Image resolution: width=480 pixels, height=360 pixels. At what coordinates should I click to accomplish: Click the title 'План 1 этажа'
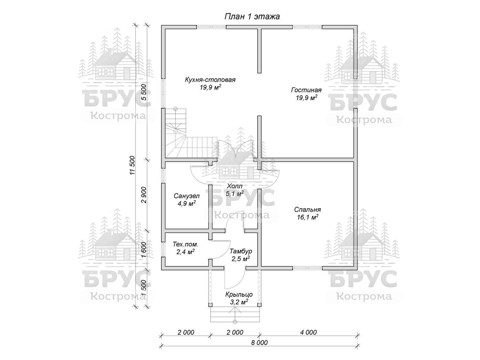pyautogui.click(x=252, y=17)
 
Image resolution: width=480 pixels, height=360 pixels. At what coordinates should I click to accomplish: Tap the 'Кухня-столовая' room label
pyautogui.click(x=210, y=80)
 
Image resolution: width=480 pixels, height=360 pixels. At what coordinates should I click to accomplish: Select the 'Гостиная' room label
pyautogui.click(x=306, y=90)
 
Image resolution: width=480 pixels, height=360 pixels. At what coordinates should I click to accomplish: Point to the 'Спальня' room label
pyautogui.click(x=307, y=210)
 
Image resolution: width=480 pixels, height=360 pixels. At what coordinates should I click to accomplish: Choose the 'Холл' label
pyautogui.click(x=235, y=186)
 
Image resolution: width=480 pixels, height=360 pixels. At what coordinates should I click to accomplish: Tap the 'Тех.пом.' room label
pyautogui.click(x=185, y=244)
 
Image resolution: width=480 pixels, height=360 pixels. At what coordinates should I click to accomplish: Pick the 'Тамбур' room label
pyautogui.click(x=241, y=251)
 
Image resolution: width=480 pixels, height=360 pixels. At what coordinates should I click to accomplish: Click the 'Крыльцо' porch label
pyautogui.click(x=239, y=295)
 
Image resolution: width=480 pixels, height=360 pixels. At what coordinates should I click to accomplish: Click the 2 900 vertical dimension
pyautogui.click(x=144, y=195)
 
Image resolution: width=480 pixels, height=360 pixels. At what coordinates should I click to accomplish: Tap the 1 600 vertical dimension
pyautogui.click(x=144, y=250)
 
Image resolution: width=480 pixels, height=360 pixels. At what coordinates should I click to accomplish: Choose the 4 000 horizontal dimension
pyautogui.click(x=308, y=332)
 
